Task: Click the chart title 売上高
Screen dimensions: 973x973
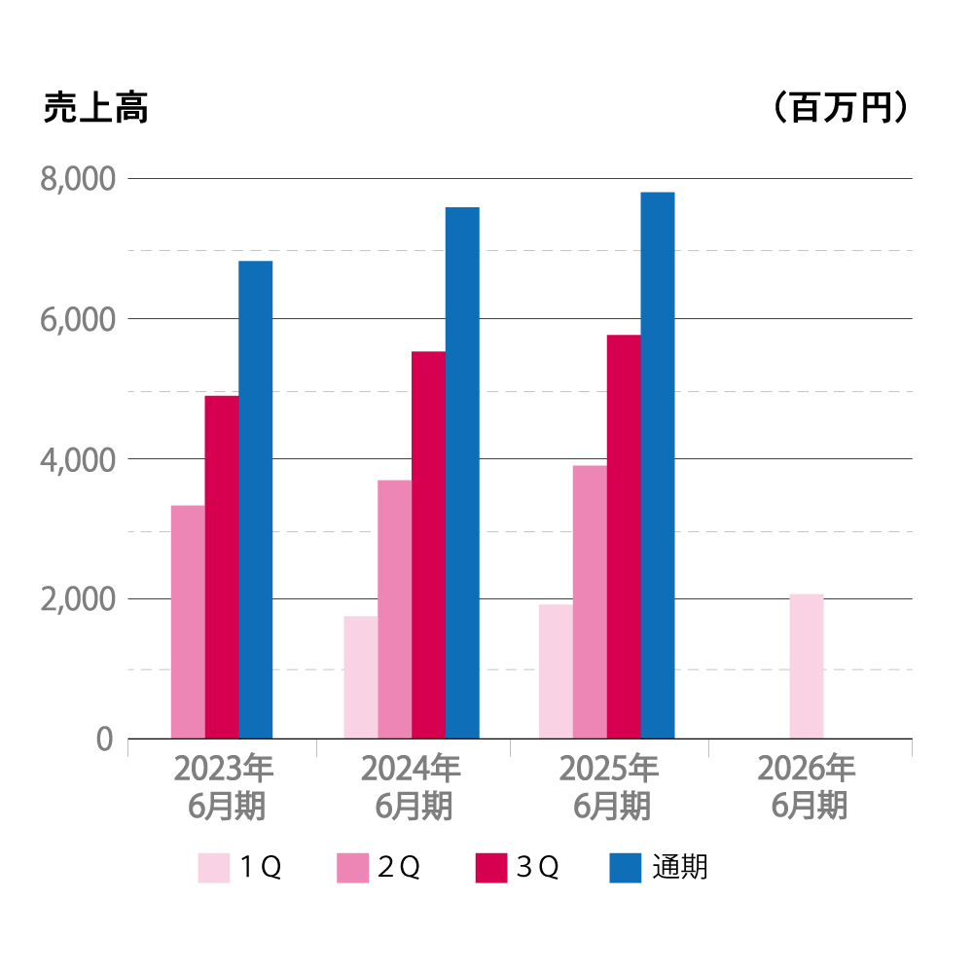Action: coord(95,109)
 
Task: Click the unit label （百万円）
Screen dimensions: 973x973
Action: coord(841,108)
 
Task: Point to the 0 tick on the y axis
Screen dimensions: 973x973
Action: coord(105,739)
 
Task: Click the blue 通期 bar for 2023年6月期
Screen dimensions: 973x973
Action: coord(255,499)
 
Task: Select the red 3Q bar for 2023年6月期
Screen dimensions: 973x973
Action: coord(221,566)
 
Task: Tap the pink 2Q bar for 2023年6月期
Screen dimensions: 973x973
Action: coord(188,622)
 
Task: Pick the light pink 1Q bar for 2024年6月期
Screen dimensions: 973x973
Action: coord(360,677)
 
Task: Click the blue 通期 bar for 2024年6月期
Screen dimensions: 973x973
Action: coord(462,473)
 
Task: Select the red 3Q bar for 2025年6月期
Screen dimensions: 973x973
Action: coord(624,536)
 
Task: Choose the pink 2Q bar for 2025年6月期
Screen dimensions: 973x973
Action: coord(590,601)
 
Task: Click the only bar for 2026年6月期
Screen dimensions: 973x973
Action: coord(806,666)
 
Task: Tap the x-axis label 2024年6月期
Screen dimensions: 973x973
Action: coord(412,787)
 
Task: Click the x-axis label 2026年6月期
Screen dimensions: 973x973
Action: coord(808,787)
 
